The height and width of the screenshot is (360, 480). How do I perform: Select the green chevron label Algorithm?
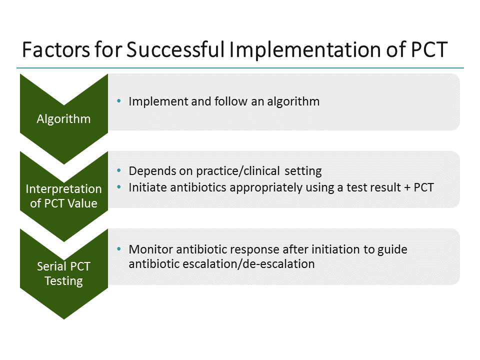point(63,119)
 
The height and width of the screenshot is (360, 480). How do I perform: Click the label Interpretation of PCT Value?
point(63,196)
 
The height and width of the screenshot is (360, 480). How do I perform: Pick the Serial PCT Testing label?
point(63,273)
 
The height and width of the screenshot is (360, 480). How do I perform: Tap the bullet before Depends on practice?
point(119,171)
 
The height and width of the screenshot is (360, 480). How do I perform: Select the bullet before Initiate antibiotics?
point(119,187)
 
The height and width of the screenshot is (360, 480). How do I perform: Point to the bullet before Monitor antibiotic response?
point(119,249)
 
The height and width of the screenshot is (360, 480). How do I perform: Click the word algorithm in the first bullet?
point(295,101)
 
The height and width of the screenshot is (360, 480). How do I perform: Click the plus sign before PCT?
point(407,187)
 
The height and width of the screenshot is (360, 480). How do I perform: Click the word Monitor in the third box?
point(148,249)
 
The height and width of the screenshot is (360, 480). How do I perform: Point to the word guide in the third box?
point(393,249)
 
